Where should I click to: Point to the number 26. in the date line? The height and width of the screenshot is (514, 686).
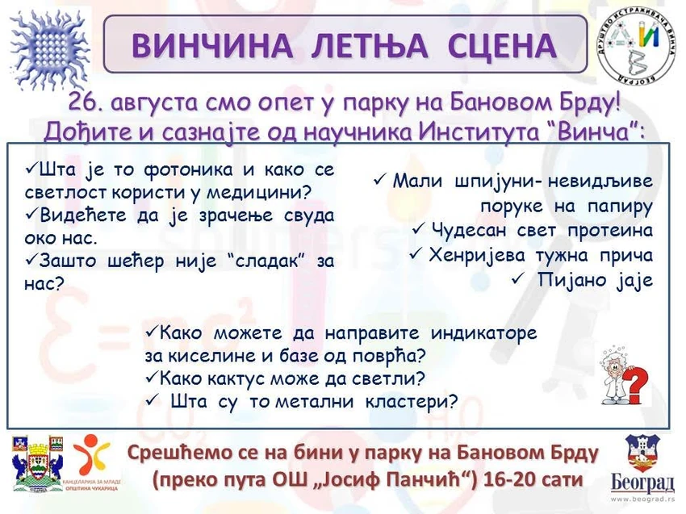[x=85, y=103]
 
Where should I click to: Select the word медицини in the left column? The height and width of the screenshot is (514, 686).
[x=258, y=193]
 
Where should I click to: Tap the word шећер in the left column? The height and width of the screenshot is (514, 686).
[x=135, y=261]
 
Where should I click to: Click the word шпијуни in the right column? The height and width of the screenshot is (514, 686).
[x=495, y=181]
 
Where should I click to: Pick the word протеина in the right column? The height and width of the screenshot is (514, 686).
[x=610, y=231]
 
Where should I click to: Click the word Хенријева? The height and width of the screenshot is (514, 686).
[x=476, y=255]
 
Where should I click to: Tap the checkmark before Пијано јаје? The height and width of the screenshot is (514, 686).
[x=517, y=278]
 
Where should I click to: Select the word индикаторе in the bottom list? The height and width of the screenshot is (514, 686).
[x=484, y=334]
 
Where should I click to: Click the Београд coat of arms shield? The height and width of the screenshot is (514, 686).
[x=642, y=453]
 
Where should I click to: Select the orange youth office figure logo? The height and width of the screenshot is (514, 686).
[x=91, y=455]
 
